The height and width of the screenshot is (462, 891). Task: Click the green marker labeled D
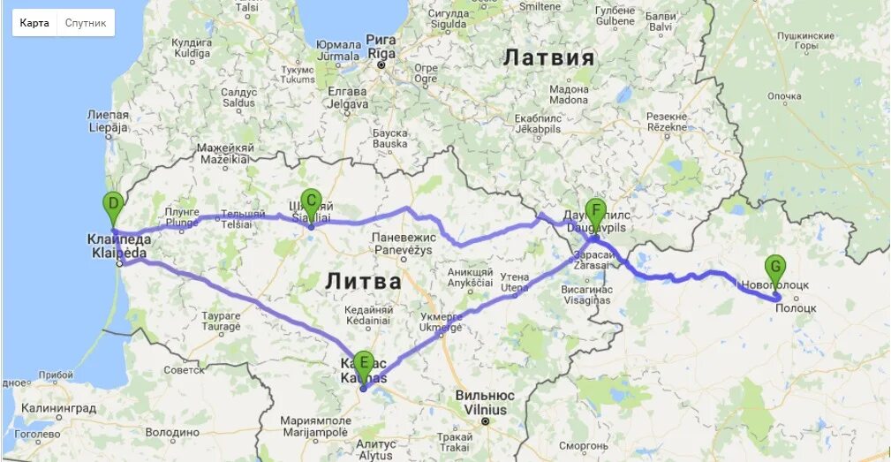click(x=112, y=207)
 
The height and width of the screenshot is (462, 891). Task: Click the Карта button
click(x=35, y=23)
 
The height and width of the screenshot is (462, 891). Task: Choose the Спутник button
click(x=86, y=23)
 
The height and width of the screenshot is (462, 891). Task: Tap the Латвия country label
click(x=548, y=58)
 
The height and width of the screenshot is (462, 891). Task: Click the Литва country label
click(x=363, y=281)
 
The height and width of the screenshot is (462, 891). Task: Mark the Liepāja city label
click(x=108, y=127)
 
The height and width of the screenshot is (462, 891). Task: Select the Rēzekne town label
click(x=667, y=126)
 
